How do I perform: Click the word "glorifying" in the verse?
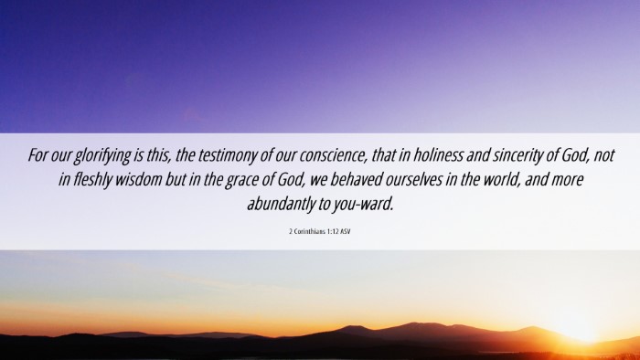(x=102, y=155)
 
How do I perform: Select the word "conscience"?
(x=333, y=155)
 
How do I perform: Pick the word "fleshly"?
(x=92, y=180)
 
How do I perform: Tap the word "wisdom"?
(x=138, y=179)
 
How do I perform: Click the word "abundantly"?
(x=280, y=205)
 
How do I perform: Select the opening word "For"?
(x=37, y=155)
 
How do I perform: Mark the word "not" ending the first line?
(x=604, y=155)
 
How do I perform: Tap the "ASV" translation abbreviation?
(x=346, y=231)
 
